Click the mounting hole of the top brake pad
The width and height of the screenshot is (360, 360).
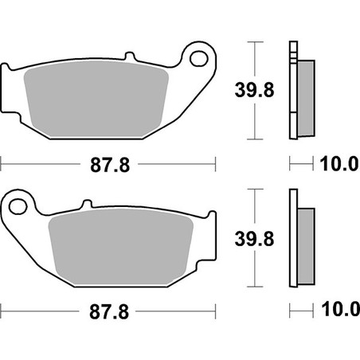[x=199, y=59]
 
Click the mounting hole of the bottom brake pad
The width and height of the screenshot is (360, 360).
[x=18, y=206]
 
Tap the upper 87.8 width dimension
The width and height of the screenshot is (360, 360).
[x=110, y=165]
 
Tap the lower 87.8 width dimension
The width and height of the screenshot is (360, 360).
[x=109, y=311]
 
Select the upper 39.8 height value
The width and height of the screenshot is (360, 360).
[x=254, y=90]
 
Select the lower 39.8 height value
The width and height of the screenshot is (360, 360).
[x=254, y=238]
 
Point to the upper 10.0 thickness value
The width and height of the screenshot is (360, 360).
[x=340, y=164]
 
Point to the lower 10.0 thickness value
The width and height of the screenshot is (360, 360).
[x=341, y=309]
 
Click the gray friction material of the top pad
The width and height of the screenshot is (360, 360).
[x=96, y=100]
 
